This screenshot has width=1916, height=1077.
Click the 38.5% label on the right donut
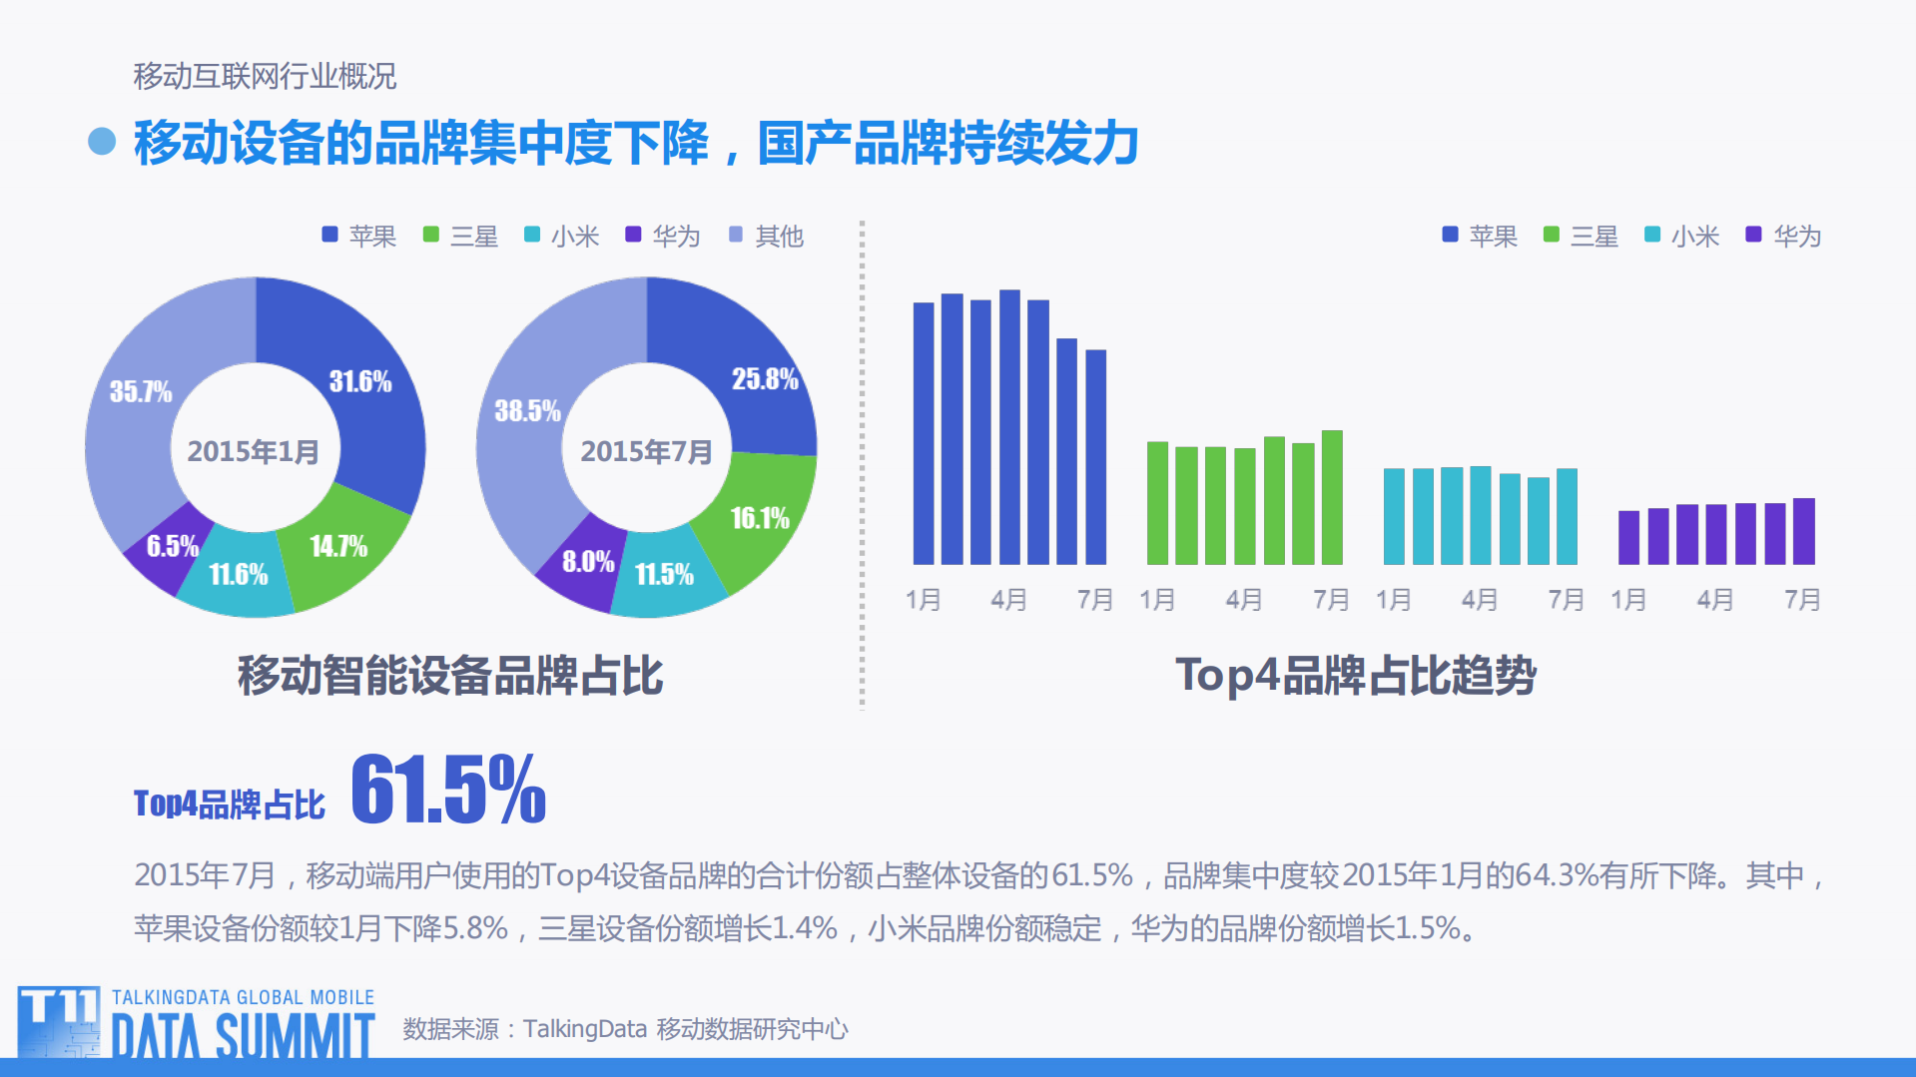[527, 411]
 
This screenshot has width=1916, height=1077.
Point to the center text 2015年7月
[646, 452]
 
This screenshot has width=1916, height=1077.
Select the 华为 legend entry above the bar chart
[1784, 237]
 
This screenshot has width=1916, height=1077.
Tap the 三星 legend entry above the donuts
[461, 237]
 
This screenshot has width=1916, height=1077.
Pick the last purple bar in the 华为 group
[1804, 531]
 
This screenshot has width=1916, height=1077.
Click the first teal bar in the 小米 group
[1394, 516]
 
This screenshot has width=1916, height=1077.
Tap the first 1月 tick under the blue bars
[923, 600]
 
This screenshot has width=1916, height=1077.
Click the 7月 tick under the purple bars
[1802, 600]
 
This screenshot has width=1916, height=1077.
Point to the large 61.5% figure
[448, 790]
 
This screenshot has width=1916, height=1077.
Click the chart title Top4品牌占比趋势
[1355, 676]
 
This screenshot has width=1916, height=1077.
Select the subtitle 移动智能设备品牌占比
[449, 676]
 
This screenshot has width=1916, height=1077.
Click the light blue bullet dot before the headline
[102, 142]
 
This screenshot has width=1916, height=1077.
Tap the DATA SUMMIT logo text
[243, 1035]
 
